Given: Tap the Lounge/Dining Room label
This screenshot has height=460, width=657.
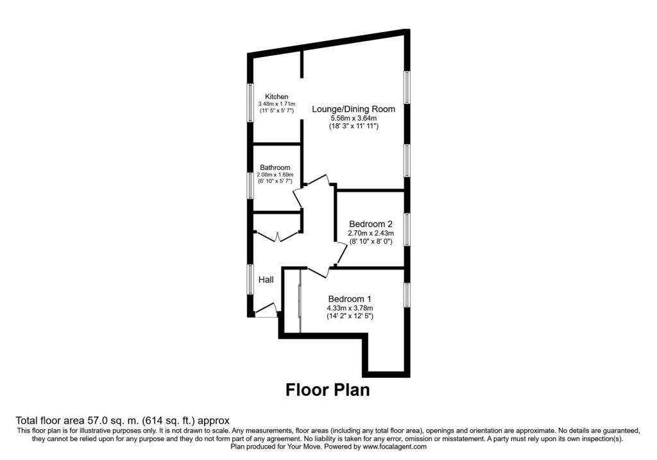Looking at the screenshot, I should point(353,109).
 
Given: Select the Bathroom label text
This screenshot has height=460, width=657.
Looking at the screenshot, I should point(275,167).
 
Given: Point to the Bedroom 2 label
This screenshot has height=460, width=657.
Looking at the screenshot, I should point(371,224).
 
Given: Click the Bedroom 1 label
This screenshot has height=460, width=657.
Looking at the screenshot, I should point(350,299).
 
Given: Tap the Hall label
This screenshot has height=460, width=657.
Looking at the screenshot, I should point(266,280).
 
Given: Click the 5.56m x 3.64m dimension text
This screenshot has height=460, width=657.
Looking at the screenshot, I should point(353,118).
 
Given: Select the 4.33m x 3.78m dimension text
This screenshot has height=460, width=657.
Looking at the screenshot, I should point(350,308).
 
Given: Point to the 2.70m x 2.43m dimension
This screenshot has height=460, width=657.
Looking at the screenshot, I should point(371,234).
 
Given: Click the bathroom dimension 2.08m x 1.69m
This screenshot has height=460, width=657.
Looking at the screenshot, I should point(275,175).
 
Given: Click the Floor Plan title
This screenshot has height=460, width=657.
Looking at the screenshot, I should point(327,389).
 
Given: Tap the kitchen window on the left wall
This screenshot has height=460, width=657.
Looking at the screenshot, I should point(251,102).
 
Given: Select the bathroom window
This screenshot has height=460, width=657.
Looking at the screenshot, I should point(251,184).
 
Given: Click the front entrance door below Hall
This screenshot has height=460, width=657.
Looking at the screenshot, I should point(266,312).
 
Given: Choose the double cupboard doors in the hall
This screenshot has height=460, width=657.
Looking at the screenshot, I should point(277,235).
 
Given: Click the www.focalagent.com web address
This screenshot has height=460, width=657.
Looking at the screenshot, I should point(395,447).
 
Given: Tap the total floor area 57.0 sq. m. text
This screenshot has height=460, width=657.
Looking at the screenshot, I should point(122,420).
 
